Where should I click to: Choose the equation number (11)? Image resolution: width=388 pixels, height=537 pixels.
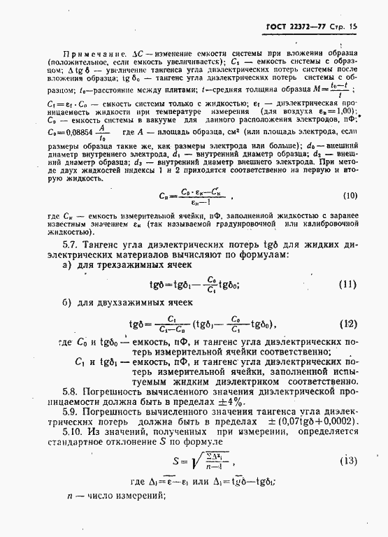click(x=348, y=285)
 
